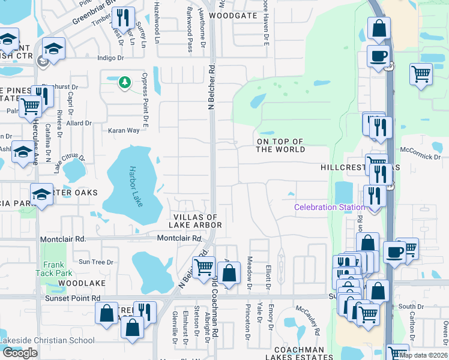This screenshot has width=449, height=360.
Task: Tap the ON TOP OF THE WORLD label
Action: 280,145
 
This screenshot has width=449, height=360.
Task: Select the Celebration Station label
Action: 329,208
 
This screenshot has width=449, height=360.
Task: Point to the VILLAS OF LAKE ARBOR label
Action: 197,221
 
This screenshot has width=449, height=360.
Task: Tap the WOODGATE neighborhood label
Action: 234,15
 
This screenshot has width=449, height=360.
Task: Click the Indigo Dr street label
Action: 110,58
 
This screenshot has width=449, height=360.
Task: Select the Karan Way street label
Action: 124,130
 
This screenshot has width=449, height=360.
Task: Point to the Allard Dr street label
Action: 79,123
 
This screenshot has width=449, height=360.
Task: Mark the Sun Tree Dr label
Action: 96,262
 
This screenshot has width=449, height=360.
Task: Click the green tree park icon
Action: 125,82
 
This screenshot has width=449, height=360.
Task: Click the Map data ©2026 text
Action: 423,355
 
